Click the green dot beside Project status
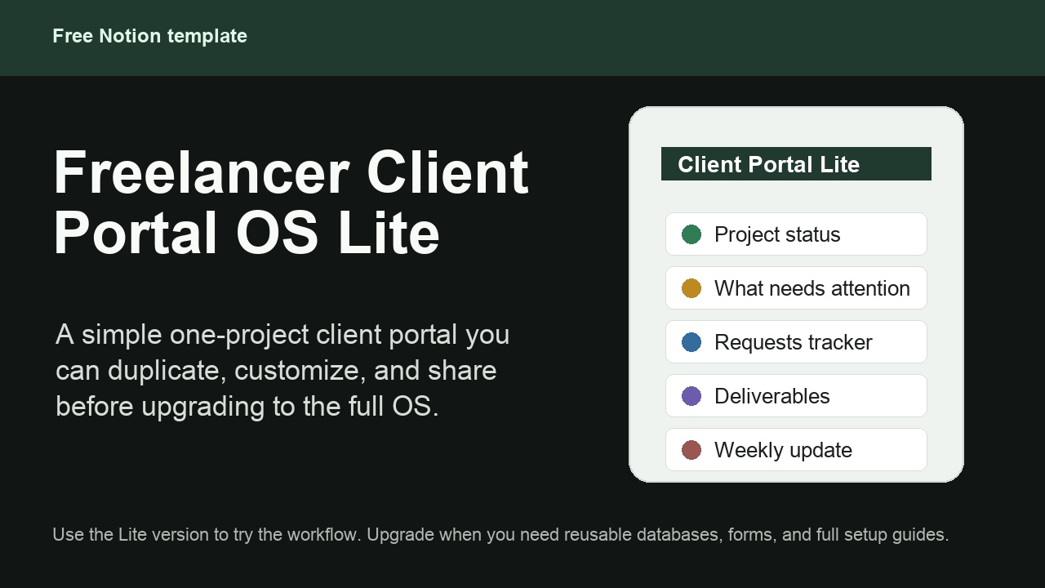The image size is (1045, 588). pos(691,234)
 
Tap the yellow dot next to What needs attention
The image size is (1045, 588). pos(691,288)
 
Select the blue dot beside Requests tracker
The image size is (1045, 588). pos(691,342)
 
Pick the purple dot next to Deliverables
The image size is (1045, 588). pos(691,396)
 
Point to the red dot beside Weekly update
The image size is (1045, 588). pos(691,450)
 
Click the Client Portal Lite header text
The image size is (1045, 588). pos(768,164)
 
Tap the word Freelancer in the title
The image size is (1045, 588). pos(202,171)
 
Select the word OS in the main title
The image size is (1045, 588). pos(277,233)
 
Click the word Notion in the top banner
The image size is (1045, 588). pos(130,36)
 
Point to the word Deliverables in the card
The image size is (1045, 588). pos(772,396)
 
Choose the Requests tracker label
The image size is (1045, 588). pos(793,342)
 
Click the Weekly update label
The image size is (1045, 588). pos(783,450)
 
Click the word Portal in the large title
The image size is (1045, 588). pos(136,233)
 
